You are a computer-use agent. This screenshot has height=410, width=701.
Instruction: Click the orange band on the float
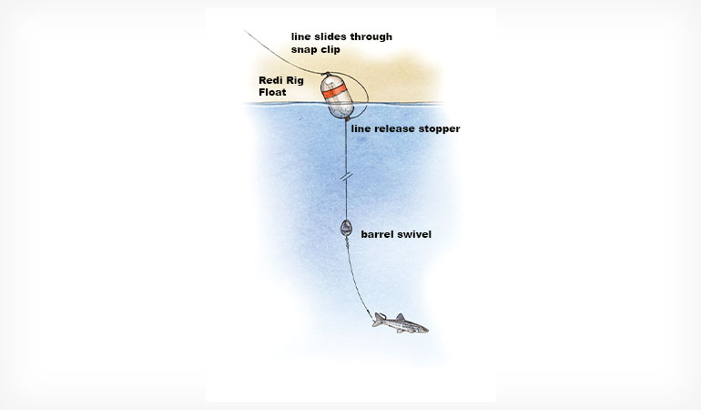[334, 91]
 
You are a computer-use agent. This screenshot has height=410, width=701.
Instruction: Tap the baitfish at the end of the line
[401, 323]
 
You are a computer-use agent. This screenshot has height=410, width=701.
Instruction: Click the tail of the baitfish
[378, 320]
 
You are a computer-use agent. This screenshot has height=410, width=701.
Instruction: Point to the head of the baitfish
[422, 330]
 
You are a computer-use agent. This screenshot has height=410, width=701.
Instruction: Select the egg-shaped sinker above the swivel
[346, 228]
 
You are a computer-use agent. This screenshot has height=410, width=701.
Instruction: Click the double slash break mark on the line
[346, 177]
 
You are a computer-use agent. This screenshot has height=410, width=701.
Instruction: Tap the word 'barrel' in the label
[376, 234]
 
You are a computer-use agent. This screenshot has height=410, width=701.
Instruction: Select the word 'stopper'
[439, 128]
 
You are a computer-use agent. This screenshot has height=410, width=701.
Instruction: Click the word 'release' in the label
[393, 128]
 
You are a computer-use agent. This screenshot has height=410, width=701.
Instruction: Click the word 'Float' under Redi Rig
[272, 92]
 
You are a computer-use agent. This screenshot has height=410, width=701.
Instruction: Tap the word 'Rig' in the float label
[295, 81]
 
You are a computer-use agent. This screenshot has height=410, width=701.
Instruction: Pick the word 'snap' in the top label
[304, 50]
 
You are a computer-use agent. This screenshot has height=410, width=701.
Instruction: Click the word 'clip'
[330, 50]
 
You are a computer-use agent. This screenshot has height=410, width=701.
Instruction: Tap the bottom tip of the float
[347, 119]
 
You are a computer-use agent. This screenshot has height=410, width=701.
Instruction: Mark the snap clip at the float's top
[326, 74]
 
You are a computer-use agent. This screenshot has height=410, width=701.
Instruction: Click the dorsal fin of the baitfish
[401, 316]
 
